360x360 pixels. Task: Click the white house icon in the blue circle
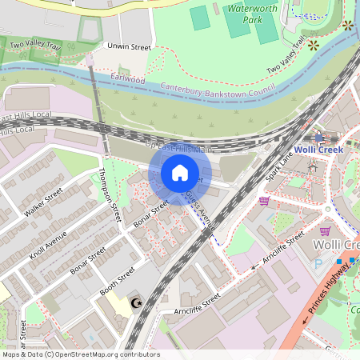pos(180,173)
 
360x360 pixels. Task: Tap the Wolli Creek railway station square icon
pos(319,138)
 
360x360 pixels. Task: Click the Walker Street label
pos(43,204)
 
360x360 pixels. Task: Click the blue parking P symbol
pos(319,263)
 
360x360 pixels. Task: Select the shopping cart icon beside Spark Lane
pos(264,201)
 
